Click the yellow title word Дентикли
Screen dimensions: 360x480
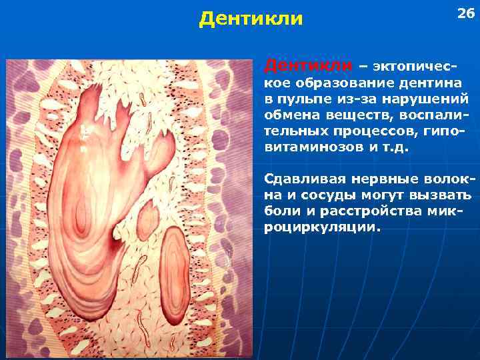251,19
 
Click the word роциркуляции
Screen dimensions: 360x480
323,227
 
